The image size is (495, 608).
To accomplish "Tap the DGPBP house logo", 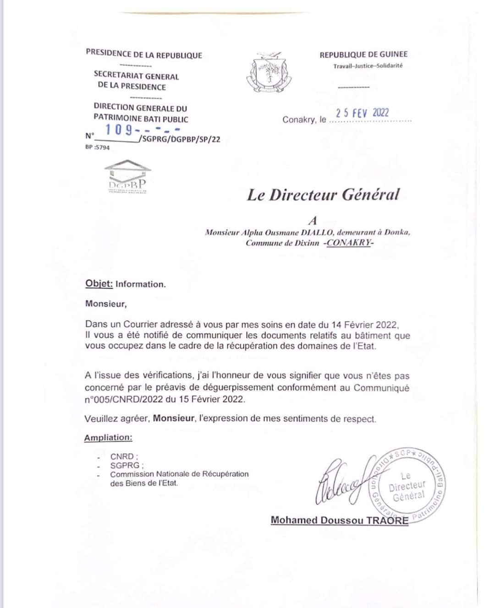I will pos(128,177).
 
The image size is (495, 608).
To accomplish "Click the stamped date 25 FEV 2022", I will pos(362,113).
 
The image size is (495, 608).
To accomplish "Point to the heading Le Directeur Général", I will pos(323,195).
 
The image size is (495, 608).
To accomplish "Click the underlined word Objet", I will pos(99,284).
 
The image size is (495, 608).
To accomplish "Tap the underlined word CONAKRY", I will pos(349,243).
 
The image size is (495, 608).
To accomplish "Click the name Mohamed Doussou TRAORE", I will pos(339,520).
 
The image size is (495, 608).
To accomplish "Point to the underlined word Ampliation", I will pos(108,438).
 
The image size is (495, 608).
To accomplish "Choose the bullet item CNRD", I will pos(122,456).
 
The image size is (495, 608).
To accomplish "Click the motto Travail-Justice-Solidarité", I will pos(368,66).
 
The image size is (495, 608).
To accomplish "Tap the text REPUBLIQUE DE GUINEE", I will pos(363,54).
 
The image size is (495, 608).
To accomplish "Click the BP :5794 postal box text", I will pos(98,147).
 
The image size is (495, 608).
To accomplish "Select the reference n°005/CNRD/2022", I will pos(118,399).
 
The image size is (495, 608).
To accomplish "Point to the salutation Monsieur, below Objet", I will pos(106,304).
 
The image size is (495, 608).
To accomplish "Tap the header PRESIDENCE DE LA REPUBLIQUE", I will pos(144,55).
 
